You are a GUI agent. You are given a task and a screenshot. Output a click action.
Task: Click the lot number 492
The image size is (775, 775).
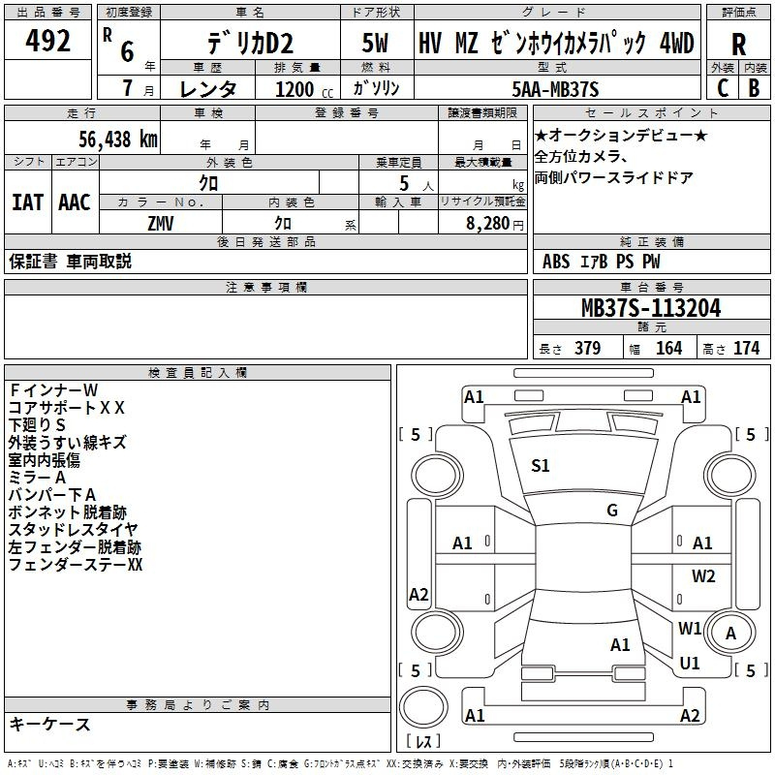tap(49, 42)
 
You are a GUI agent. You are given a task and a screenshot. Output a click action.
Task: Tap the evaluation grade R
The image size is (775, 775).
tap(738, 45)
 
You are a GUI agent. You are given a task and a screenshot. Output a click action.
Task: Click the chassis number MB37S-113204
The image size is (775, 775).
tap(650, 308)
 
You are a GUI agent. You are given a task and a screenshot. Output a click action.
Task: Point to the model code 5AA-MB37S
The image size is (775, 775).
tap(552, 87)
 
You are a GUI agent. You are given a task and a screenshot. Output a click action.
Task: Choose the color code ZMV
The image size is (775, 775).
tap(161, 223)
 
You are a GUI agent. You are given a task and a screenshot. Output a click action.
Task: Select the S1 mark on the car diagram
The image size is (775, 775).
tap(541, 466)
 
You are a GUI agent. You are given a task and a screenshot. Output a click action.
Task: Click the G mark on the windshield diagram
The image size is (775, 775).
tap(612, 511)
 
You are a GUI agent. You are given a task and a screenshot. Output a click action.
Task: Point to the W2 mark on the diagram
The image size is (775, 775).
tap(703, 576)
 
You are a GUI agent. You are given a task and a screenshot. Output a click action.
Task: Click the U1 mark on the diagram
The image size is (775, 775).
tap(690, 664)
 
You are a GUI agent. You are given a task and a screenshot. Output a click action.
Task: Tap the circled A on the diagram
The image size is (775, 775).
tap(731, 634)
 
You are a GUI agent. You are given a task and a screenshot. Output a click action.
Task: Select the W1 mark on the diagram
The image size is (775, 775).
tap(690, 629)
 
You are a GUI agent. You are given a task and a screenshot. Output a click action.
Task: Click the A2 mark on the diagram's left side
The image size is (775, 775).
tap(418, 595)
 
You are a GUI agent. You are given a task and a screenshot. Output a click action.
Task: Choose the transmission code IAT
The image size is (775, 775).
tap(27, 202)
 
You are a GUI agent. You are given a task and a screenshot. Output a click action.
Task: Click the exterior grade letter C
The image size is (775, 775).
tap(722, 87)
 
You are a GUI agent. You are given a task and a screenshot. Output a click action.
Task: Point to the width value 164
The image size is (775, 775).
tap(668, 349)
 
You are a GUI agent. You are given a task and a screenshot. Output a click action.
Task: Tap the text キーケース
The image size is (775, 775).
tap(49, 725)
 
